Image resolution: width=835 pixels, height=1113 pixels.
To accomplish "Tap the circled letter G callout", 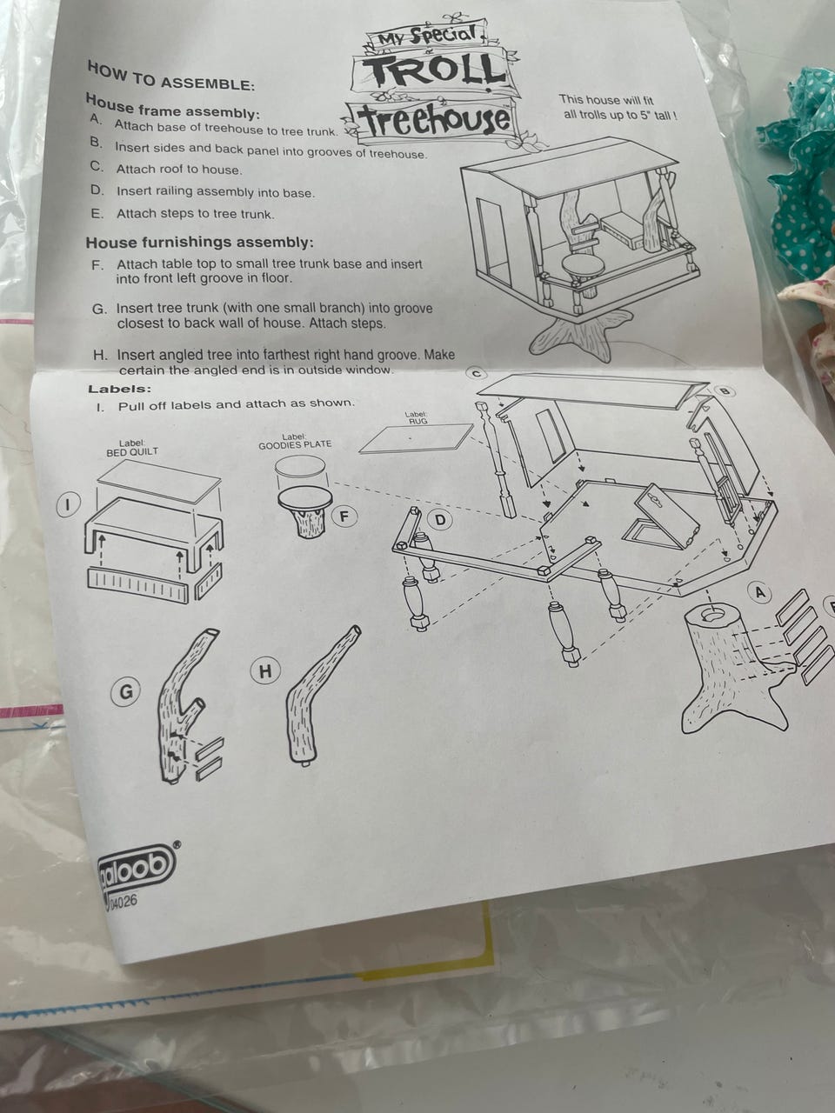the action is pyautogui.click(x=125, y=691).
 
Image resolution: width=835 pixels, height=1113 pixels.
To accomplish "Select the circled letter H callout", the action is pyautogui.click(x=265, y=671).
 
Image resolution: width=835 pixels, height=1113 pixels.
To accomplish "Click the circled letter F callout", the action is pyautogui.click(x=344, y=517).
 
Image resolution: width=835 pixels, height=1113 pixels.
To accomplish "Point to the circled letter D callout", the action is pyautogui.click(x=440, y=520).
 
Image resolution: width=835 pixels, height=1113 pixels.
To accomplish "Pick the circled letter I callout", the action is pyautogui.click(x=69, y=504).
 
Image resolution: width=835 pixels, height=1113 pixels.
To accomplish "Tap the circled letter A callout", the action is pyautogui.click(x=759, y=592).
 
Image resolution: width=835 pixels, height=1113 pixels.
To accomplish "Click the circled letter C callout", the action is pyautogui.click(x=477, y=373).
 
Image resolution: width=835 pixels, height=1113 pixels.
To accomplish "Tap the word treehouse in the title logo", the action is pyautogui.click(x=435, y=122).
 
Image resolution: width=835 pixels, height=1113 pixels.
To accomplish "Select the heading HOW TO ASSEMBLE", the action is pyautogui.click(x=170, y=76).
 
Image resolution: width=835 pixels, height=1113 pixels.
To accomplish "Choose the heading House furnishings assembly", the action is pyautogui.click(x=200, y=243).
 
